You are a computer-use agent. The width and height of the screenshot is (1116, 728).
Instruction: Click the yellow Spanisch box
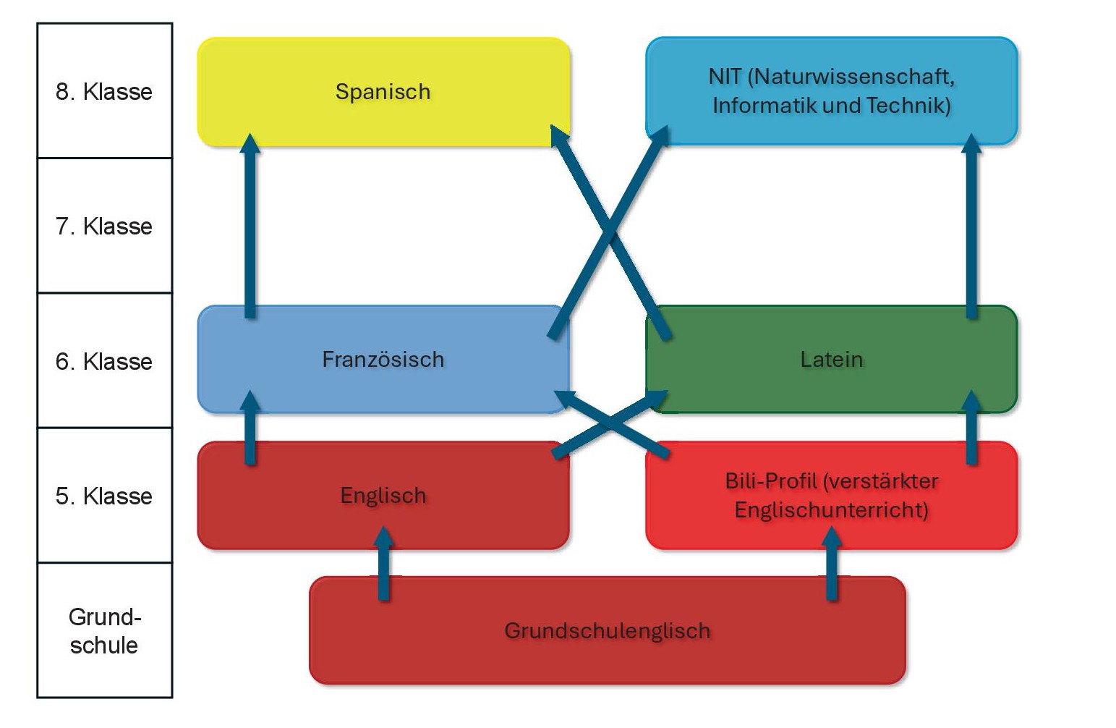[383, 92]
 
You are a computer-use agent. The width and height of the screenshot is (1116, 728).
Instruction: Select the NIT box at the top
[831, 91]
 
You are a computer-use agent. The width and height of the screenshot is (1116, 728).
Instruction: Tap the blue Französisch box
[383, 360]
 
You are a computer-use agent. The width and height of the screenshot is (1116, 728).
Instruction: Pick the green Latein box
[831, 360]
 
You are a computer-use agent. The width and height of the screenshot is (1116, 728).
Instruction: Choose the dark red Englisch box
[383, 496]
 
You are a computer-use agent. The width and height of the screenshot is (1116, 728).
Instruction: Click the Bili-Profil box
[831, 496]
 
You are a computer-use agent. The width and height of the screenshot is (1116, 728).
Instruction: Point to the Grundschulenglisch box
[607, 631]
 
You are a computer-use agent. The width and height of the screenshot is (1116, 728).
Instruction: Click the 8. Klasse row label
[104, 92]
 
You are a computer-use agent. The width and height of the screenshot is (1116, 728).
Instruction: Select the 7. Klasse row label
[104, 227]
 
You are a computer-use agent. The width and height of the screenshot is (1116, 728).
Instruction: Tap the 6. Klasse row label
[104, 361]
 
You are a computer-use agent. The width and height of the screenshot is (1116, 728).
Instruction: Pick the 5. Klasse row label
[104, 496]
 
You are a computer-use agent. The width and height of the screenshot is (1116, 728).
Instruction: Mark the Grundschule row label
[104, 630]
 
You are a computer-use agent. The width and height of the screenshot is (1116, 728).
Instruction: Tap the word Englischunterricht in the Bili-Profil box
[831, 510]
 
